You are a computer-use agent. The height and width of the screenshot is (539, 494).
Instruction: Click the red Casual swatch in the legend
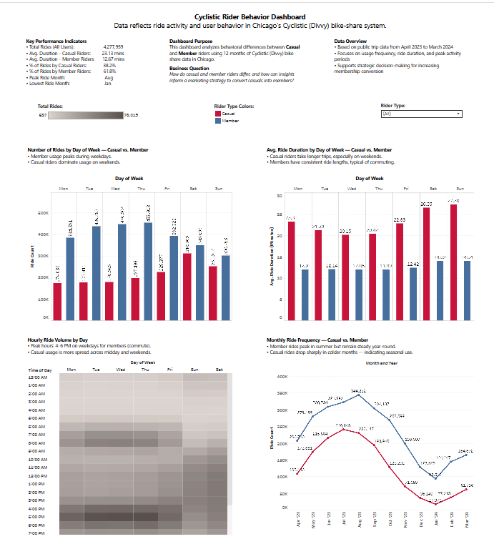(x=218, y=114)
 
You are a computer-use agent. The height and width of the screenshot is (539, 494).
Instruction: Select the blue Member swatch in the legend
(x=218, y=122)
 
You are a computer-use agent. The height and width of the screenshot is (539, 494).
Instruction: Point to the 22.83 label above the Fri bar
(x=399, y=219)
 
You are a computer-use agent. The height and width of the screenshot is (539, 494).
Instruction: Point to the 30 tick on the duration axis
(x=279, y=195)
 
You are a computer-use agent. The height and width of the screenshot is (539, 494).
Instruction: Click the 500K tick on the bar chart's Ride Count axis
(x=42, y=213)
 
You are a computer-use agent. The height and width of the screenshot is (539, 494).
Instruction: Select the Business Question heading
(x=189, y=68)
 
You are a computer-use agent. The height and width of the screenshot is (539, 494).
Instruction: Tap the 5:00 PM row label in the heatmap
(x=39, y=516)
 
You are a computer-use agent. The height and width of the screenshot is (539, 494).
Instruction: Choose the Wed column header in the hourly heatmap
(x=120, y=370)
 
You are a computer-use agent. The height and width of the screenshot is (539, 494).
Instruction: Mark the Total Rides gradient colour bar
(x=85, y=114)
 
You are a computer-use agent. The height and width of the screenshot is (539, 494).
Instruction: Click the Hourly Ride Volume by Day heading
(x=57, y=340)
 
